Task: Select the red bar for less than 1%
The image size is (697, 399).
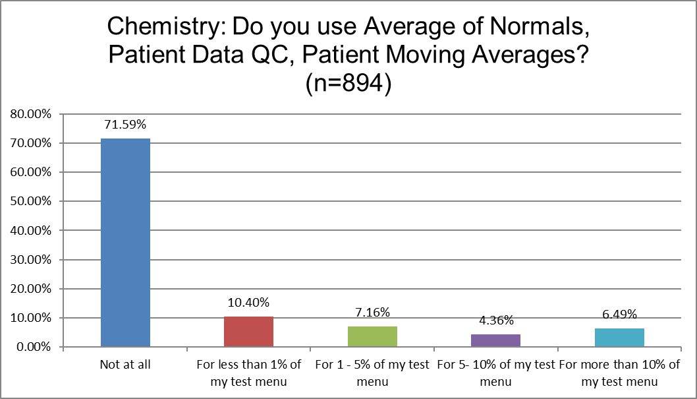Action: [248, 332]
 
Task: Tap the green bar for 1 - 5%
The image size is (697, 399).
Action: [372, 336]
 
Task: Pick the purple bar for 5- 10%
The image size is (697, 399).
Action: [495, 340]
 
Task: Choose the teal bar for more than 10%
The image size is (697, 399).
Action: [619, 338]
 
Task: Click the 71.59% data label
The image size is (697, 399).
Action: [125, 124]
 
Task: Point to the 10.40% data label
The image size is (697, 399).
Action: [248, 303]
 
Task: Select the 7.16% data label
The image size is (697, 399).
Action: [372, 312]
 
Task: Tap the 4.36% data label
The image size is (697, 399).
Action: [495, 320]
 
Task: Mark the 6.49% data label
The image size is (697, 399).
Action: [619, 314]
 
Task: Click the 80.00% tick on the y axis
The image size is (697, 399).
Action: [32, 114]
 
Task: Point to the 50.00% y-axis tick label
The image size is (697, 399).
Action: [32, 201]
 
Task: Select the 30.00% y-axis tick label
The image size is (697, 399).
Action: [32, 259]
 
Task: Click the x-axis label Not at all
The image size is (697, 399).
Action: [125, 365]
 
